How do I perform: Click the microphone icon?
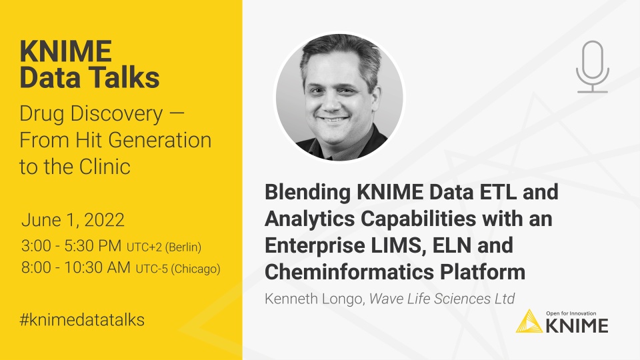click(592, 65)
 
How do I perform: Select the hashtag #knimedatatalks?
click(81, 319)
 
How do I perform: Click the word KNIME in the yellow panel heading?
click(65, 51)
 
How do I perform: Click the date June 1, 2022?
click(73, 221)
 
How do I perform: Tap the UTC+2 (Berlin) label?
click(163, 247)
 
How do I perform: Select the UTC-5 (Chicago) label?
click(178, 269)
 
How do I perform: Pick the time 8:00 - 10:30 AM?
click(76, 268)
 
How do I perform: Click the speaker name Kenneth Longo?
click(312, 299)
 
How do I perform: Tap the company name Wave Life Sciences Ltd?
click(443, 299)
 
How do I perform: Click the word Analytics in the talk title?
click(308, 219)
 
